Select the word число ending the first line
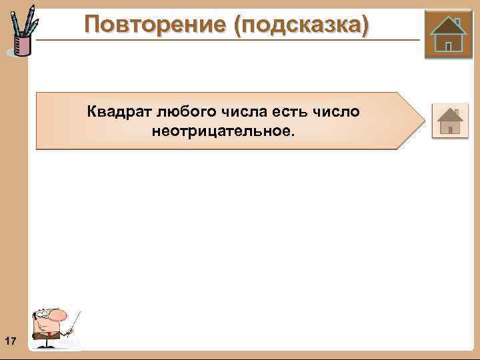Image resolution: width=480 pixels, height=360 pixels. [x=337, y=111]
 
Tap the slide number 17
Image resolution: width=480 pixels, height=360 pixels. [x=10, y=342]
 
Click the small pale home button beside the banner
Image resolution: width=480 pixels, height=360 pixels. [x=450, y=121]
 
